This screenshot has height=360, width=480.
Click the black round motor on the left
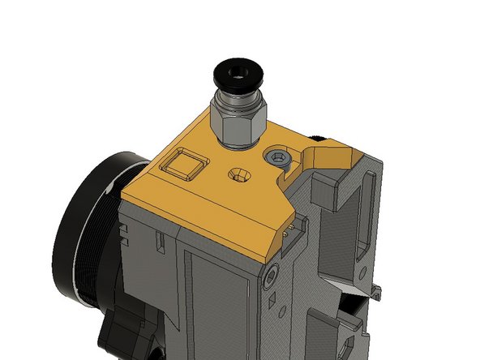pos(81,227)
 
